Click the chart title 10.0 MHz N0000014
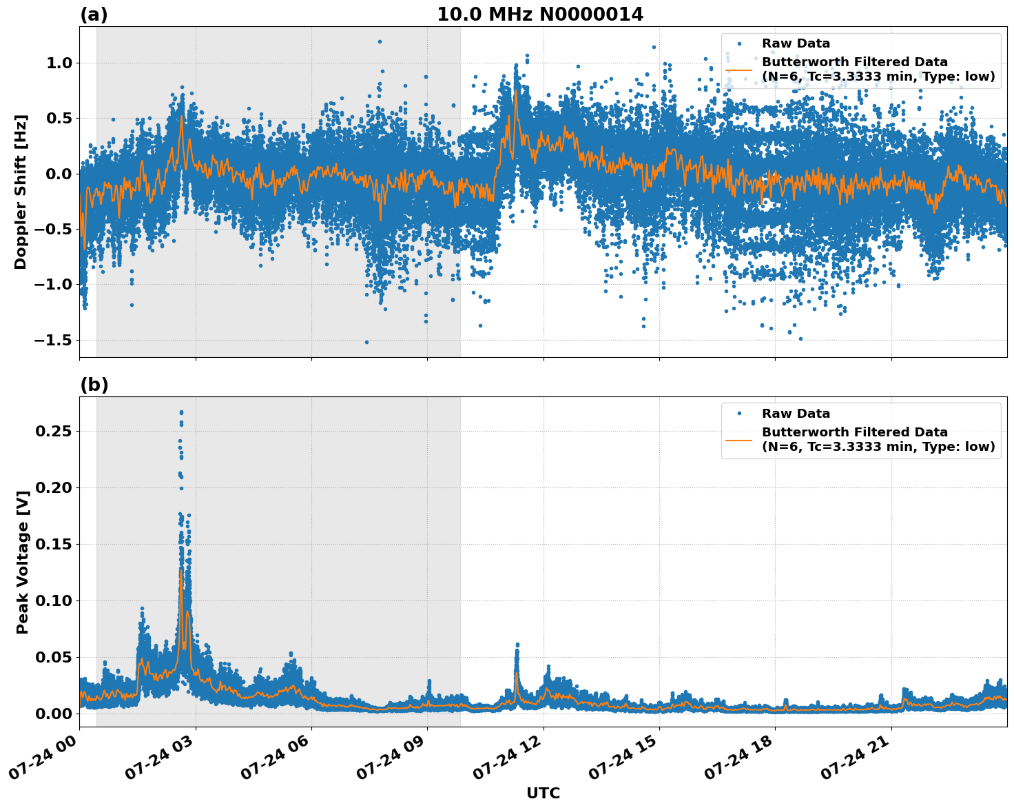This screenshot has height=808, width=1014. click(x=540, y=14)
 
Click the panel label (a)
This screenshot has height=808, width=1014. click(x=94, y=14)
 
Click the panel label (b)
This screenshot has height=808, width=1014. click(x=94, y=385)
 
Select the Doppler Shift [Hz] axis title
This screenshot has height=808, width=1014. click(x=21, y=192)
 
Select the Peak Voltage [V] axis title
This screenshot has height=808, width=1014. click(x=23, y=562)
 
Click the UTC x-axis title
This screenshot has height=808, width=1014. click(x=543, y=794)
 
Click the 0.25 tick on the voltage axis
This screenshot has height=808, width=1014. click(x=54, y=432)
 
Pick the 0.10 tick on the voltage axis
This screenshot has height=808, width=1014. click(x=54, y=601)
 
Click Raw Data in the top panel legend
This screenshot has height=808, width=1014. click(x=796, y=44)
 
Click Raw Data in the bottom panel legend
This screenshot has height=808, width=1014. click(x=796, y=414)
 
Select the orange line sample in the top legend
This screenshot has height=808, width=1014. click(x=739, y=70)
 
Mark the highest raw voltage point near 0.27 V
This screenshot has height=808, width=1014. click(x=181, y=412)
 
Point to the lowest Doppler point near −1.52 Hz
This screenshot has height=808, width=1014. click(x=366, y=342)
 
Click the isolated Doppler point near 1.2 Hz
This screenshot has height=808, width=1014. click(x=380, y=41)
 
